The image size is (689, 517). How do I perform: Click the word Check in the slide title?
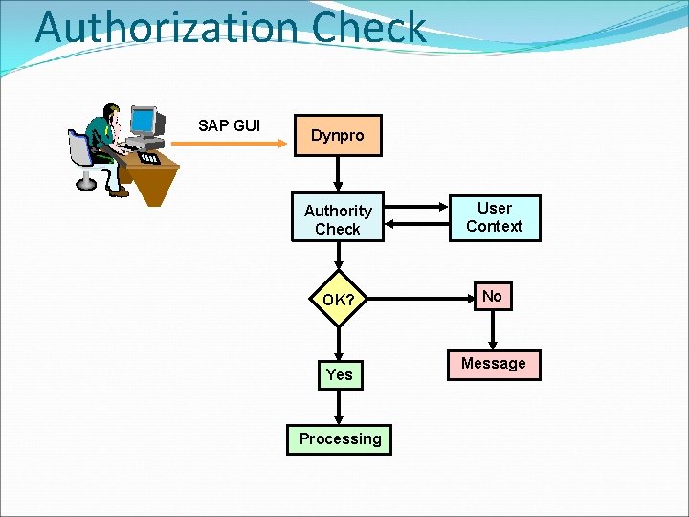pos(367,27)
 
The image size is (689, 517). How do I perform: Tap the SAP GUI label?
pos(229,125)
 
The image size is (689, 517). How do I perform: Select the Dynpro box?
pos(337,136)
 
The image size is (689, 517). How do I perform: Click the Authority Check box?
pos(338,219)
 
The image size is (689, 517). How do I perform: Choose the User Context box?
pos(494,217)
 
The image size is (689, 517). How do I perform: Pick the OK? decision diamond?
pos(338,300)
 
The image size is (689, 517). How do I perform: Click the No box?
pos(492,297)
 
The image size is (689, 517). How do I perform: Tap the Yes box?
pos(339,374)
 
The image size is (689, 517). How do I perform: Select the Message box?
pos(493,364)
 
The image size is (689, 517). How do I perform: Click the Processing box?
pos(340,438)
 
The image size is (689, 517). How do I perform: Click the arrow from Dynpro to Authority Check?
pos(338,175)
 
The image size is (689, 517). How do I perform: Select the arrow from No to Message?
pos(492,331)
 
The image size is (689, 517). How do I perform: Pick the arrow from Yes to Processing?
pos(338,407)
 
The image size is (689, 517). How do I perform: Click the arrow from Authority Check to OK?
pos(338,257)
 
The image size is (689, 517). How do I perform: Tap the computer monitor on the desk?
pos(143,122)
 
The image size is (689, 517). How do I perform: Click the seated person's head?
pos(112,113)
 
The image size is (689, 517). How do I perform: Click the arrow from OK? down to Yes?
pos(338,338)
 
